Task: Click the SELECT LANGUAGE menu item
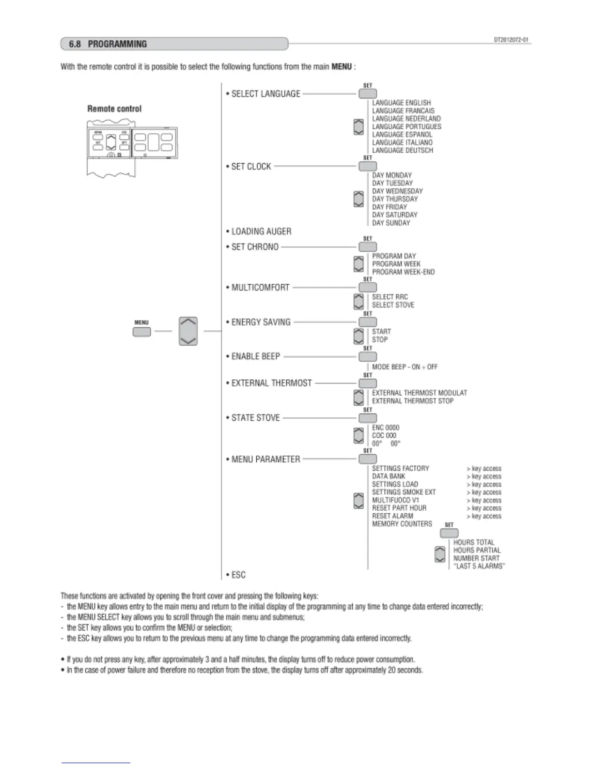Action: coord(265,94)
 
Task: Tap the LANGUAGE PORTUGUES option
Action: coord(406,126)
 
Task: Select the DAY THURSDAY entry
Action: coord(395,199)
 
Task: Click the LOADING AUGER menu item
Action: coord(261,231)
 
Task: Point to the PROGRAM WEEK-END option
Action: coord(403,272)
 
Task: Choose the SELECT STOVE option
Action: coord(393,305)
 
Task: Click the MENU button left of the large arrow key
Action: coord(141,332)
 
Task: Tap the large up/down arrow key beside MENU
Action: coord(188,331)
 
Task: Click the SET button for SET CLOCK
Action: coord(368,166)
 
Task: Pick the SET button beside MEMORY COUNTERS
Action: coord(449,533)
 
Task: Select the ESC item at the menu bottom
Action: coord(238,575)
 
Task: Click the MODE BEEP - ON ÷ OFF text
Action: coord(405,367)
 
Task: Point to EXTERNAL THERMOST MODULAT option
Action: coord(419,393)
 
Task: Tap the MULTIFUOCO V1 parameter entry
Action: coord(395,500)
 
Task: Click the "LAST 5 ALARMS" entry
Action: coord(479,566)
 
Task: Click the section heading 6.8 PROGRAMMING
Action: coord(108,44)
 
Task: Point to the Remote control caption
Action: coord(114,109)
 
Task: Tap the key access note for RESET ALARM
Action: coord(484,516)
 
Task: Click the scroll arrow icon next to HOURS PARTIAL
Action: coord(440,554)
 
